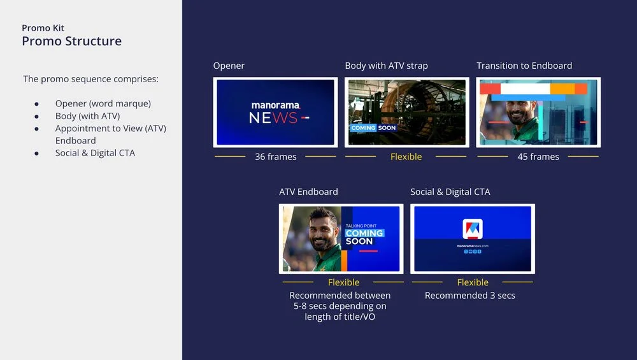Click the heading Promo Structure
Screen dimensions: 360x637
coord(71,41)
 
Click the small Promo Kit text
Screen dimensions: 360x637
coord(43,28)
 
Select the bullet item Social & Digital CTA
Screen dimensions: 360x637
coord(95,153)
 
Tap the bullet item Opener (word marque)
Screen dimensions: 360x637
coord(103,103)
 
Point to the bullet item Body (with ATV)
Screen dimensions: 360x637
coord(87,116)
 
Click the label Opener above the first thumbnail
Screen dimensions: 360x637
coord(229,66)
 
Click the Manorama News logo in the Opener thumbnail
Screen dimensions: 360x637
coord(275,112)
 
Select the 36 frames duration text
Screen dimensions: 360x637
coord(275,157)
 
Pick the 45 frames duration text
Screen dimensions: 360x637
coord(538,157)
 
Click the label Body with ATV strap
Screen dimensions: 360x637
coord(386,66)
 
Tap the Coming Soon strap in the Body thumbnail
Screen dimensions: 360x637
coord(373,128)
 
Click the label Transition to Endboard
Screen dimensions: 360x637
coord(524,66)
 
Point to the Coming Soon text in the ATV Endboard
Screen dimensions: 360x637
coord(364,237)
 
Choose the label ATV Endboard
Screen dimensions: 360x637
coord(308,192)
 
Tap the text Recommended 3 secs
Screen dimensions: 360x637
coord(470,296)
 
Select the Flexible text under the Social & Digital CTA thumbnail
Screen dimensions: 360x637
coord(473,282)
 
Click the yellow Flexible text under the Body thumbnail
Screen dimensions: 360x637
coord(406,157)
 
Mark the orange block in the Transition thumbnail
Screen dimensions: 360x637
coord(562,89)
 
